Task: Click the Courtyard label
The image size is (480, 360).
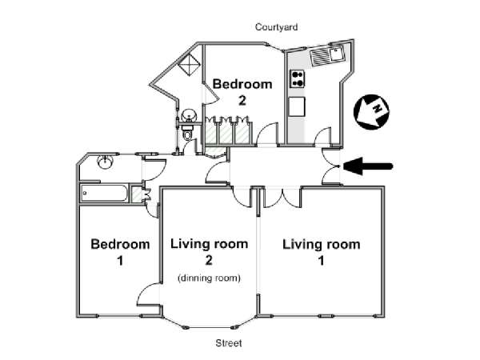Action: [x=277, y=27]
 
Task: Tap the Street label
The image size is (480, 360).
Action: [x=229, y=343]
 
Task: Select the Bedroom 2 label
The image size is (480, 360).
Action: [x=242, y=92]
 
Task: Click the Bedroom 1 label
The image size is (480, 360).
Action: [x=120, y=252]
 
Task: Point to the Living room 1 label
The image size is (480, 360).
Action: [x=321, y=252]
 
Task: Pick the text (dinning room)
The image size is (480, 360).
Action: [x=209, y=278]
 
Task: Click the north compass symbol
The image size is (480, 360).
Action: [x=371, y=112]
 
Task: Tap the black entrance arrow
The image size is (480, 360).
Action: [x=368, y=166]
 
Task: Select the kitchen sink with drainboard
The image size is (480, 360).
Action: [x=327, y=56]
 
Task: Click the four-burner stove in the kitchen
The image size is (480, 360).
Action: [x=298, y=78]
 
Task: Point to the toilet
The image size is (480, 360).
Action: [x=187, y=133]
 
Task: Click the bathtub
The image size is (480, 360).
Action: [x=104, y=193]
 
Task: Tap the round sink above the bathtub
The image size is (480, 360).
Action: [x=106, y=162]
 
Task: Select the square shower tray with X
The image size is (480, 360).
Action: [x=189, y=64]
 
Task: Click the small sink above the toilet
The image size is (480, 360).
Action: [x=188, y=115]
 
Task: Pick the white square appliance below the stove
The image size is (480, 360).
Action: [x=297, y=106]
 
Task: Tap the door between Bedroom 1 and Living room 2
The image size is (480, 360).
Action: [x=148, y=294]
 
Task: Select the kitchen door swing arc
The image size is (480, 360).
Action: [x=322, y=136]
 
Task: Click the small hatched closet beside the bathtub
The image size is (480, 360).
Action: [x=137, y=194]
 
